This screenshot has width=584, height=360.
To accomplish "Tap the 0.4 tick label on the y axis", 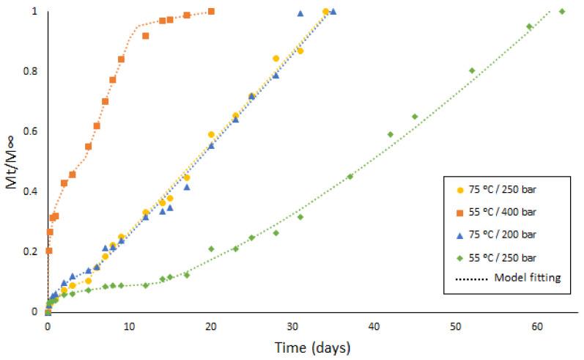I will [x=33, y=192].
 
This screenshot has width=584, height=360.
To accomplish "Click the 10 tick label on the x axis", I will [x=129, y=326].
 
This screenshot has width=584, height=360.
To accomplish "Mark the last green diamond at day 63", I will [x=562, y=11].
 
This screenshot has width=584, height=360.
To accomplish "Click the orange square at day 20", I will [x=211, y=11].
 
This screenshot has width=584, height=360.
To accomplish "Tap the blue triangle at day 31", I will [x=300, y=13].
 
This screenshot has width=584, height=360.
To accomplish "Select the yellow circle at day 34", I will [x=325, y=11].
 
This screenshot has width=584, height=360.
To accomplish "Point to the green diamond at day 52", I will [x=472, y=70].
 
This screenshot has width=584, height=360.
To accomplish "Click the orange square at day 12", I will [x=146, y=36].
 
